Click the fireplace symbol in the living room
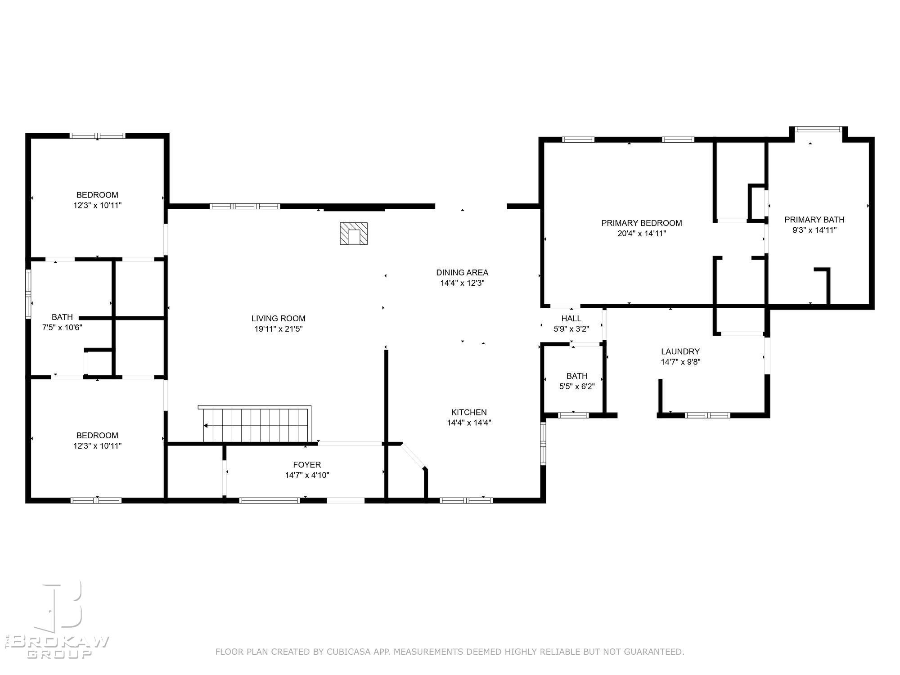354,234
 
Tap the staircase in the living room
255,424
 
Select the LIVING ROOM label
279,319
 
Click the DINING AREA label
462,272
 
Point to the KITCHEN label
469,412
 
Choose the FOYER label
307,464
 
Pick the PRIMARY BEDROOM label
642,223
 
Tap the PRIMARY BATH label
814,220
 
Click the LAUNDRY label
680,351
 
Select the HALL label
571,319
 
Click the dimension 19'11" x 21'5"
279,329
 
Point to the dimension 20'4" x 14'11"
642,234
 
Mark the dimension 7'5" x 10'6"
62,328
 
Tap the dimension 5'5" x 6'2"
577,387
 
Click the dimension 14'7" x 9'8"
680,362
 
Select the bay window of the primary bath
819,129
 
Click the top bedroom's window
97,135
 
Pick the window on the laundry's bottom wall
707,415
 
